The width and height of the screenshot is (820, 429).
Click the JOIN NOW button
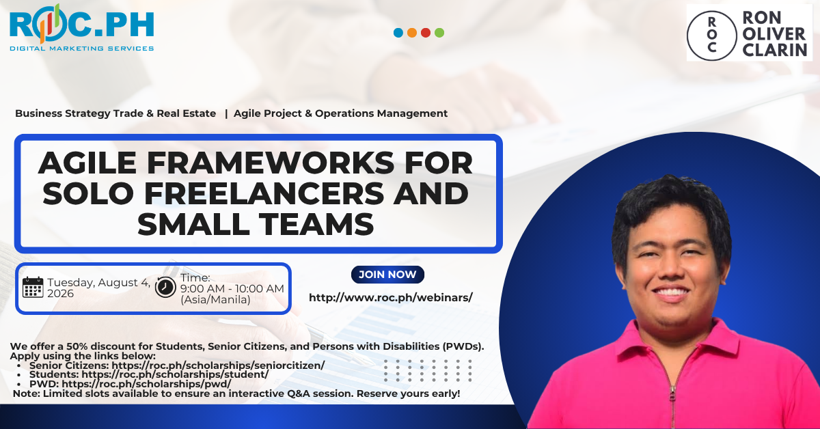coord(387,275)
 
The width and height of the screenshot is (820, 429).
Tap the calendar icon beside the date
coord(33,288)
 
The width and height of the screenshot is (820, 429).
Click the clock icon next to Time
coord(165,287)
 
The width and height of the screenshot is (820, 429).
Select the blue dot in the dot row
coord(398,33)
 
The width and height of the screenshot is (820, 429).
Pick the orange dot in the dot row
coord(412,33)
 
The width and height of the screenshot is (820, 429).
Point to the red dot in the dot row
coord(426,33)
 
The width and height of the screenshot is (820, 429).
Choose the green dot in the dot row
coord(439,33)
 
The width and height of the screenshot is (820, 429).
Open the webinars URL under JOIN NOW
coord(391,298)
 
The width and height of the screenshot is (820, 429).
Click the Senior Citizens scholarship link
coord(218,365)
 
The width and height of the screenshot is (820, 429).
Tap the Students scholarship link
coord(175,374)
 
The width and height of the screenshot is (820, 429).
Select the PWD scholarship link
coord(146,384)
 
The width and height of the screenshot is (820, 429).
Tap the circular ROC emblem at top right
coord(711,36)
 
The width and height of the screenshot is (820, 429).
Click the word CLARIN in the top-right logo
coord(775,50)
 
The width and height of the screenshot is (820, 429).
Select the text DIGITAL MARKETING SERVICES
coord(81,49)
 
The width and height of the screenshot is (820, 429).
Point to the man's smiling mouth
coord(671,293)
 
